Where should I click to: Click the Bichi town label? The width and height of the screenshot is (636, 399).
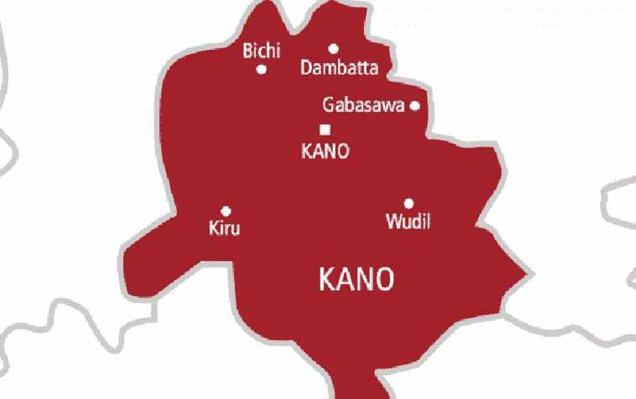point(262,51)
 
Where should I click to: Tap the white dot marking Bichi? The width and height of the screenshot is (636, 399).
point(262,70)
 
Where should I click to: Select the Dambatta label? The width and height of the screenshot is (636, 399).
point(339,68)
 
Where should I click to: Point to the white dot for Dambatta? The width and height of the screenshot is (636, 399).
point(333,49)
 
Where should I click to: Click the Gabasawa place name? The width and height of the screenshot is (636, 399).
point(363,105)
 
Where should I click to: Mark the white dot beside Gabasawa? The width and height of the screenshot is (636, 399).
point(415,105)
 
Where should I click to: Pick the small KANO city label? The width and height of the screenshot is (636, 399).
point(325,151)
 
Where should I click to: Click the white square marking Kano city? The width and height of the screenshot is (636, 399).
point(325,130)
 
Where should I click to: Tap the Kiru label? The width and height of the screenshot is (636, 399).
point(224,228)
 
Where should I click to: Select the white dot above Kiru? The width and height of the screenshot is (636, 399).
point(226,211)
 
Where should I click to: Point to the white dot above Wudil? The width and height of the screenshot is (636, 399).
point(408,203)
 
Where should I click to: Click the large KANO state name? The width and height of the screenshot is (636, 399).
point(357,280)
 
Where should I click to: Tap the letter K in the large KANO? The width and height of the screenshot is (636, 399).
point(328,280)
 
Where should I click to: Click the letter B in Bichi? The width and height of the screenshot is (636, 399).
point(248,51)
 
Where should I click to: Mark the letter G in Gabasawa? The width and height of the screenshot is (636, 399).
point(328,105)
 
